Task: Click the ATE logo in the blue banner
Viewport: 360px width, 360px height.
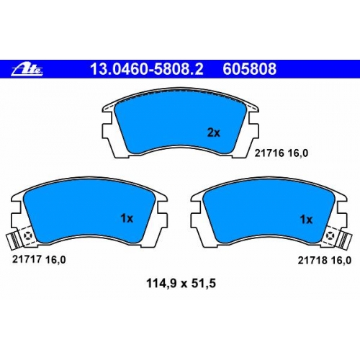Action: [x=27, y=69]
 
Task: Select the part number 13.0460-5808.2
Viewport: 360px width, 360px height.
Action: [x=147, y=69]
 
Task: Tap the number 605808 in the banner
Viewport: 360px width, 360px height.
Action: [x=250, y=69]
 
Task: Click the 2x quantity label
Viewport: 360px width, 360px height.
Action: [x=213, y=132]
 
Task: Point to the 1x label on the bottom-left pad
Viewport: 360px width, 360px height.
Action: [x=127, y=219]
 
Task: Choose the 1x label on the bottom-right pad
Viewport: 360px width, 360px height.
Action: [x=306, y=220]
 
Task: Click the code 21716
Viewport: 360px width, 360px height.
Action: [x=269, y=153]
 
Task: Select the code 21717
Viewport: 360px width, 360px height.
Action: [x=27, y=259]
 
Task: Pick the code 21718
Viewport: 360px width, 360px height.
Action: [x=313, y=260]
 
